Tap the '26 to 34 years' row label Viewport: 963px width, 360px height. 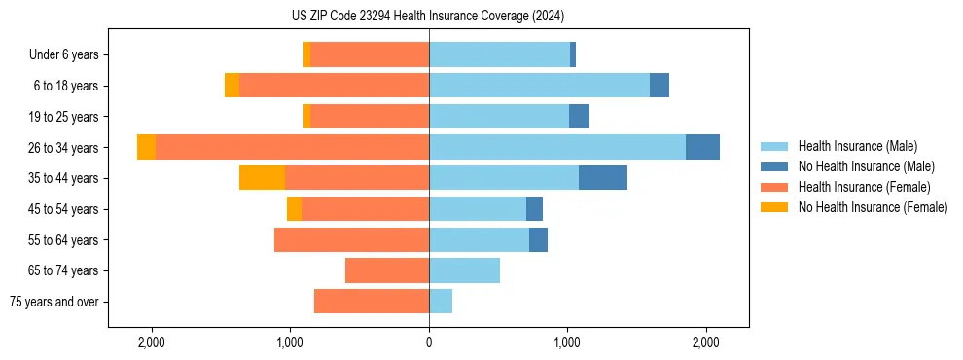point(64,148)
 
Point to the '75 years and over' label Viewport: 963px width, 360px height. point(54,302)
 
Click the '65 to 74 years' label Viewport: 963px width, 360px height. point(64,270)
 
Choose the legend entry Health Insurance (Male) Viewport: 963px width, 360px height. point(857,146)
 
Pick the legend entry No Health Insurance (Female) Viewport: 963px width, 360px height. point(873,207)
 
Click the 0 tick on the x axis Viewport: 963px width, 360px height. point(429,342)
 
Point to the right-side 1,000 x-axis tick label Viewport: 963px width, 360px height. point(567,342)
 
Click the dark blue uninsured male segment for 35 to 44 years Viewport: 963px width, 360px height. point(603,178)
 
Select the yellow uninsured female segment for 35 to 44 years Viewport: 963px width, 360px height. point(262,178)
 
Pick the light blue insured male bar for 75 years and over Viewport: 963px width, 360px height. point(441,302)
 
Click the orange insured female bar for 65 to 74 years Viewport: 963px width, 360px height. point(387,270)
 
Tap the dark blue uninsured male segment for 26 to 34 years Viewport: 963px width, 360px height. point(702,147)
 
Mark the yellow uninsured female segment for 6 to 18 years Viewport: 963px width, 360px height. point(232,86)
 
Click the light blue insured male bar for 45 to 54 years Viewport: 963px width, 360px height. point(478,209)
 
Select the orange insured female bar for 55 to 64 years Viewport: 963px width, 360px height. point(351,239)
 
